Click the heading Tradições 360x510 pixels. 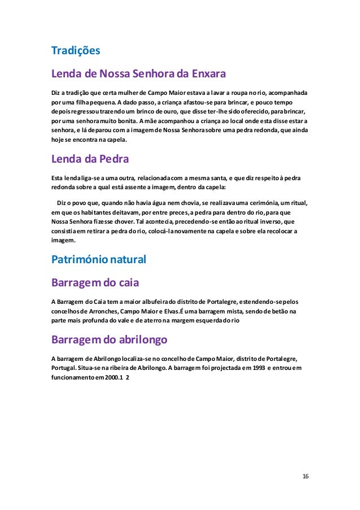click(x=76, y=51)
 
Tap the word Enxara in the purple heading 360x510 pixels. click(x=208, y=74)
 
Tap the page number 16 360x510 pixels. click(x=305, y=476)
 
